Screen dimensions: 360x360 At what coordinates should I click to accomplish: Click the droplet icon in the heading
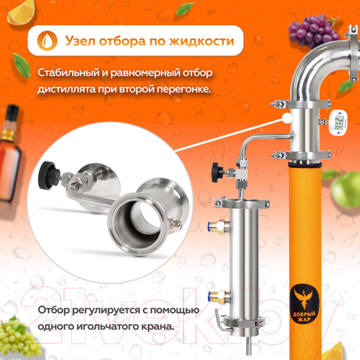46,41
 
